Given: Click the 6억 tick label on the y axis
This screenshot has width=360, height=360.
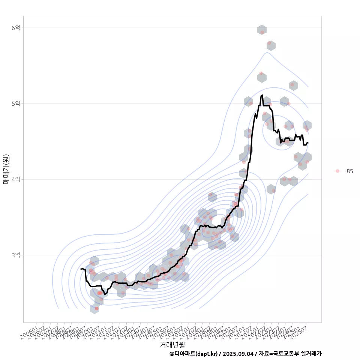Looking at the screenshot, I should click(16, 28).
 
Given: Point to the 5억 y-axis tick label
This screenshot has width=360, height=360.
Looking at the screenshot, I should click(16, 103).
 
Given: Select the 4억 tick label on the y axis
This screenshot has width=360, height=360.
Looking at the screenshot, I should click(16, 179).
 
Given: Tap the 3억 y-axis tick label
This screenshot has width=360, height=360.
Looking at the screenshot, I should click(16, 255).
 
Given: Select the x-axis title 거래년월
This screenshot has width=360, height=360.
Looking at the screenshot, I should click(172, 344).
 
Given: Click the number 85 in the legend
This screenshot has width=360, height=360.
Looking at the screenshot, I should click(349, 171).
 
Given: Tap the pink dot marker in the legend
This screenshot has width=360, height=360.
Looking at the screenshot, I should click(337, 171).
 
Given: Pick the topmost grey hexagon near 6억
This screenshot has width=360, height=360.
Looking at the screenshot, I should click(262, 30).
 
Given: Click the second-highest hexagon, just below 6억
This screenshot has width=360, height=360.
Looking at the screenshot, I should click(271, 46).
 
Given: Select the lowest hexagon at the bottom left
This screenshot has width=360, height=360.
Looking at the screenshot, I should click(94, 309).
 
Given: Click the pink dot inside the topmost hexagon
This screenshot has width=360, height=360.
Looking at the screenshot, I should click(262, 32).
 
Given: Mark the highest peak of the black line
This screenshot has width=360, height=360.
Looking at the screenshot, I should click(262, 95).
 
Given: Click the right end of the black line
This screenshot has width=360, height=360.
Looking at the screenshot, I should click(307, 142).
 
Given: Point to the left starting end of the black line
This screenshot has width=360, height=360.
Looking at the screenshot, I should click(81, 269).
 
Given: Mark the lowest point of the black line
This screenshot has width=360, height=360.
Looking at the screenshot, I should click(105, 294).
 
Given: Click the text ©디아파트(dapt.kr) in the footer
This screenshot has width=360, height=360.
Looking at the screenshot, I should click(193, 354).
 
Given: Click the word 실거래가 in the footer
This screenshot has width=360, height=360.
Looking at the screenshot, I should click(311, 354).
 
